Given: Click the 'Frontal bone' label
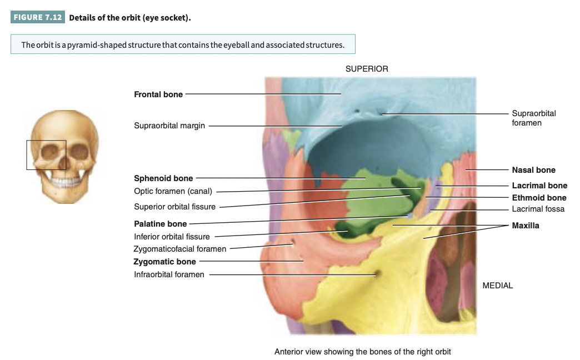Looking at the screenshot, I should pos(158,94).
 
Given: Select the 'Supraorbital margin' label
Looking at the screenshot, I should pos(169,126).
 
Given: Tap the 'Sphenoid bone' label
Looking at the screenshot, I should pos(163,178).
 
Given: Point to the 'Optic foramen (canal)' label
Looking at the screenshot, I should pos(173,192).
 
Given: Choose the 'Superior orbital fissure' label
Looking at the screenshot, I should pos(174,207).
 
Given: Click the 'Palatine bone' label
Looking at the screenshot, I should pos(160,224).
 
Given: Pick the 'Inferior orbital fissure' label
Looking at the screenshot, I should pos(172,237).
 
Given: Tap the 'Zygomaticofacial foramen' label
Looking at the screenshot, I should pos(180,249).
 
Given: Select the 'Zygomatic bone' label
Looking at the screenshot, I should pos(164,262).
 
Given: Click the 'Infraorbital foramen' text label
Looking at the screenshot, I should pos(169,274).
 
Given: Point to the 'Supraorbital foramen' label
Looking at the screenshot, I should pos(533,118).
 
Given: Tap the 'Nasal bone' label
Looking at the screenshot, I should pos(533,170).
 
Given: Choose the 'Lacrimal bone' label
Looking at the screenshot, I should pos(539,186).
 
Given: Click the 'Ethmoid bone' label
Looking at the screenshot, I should pos(539,198).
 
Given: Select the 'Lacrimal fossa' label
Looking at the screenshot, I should pos(538,209).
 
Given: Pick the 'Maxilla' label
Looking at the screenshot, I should pos(525,226).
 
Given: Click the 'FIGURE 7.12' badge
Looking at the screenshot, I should pos(38,17).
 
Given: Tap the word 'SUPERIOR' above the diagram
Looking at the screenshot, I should pos(367,69).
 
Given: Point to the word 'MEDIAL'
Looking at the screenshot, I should pos(498,286).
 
